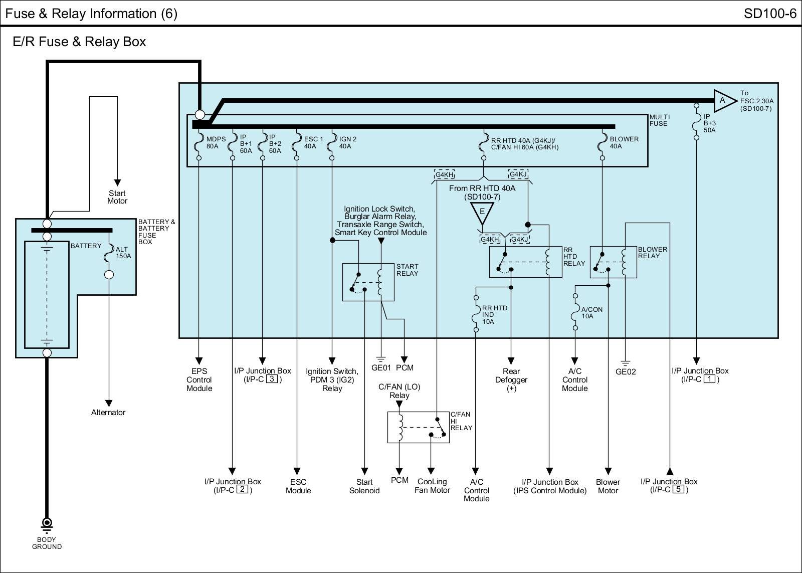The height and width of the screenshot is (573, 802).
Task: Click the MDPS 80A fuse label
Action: pyautogui.click(x=216, y=142)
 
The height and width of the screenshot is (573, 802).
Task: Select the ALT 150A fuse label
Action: pyautogui.click(x=123, y=252)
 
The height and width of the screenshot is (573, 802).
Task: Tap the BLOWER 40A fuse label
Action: pyautogui.click(x=624, y=142)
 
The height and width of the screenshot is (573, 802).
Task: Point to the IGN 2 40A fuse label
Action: pyautogui.click(x=347, y=142)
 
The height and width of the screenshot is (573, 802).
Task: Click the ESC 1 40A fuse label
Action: pyautogui.click(x=313, y=142)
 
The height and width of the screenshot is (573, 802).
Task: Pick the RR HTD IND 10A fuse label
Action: pyautogui.click(x=494, y=315)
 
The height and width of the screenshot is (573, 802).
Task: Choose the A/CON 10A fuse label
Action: pyautogui.click(x=591, y=313)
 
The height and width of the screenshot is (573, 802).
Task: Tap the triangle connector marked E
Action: pyautogui.click(x=482, y=212)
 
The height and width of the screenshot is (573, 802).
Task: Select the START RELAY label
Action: pyautogui.click(x=407, y=270)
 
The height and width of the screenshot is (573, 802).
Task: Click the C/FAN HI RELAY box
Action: pyautogui.click(x=418, y=427)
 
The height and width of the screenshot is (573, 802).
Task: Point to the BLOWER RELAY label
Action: pyautogui.click(x=652, y=252)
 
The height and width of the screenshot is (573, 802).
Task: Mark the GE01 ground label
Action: pyautogui.click(x=381, y=367)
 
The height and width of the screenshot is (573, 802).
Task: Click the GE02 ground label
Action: pyautogui.click(x=625, y=371)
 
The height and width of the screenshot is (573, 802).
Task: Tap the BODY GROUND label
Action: pyautogui.click(x=47, y=543)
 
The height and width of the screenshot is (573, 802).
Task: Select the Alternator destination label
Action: pyautogui.click(x=108, y=412)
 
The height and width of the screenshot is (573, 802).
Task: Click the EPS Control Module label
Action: pyautogui.click(x=199, y=379)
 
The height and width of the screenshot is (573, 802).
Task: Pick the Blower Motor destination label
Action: pyautogui.click(x=608, y=486)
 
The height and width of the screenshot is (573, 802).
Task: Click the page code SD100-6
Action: pyautogui.click(x=769, y=14)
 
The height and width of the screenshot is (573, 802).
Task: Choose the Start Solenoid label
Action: pyautogui.click(x=364, y=486)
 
